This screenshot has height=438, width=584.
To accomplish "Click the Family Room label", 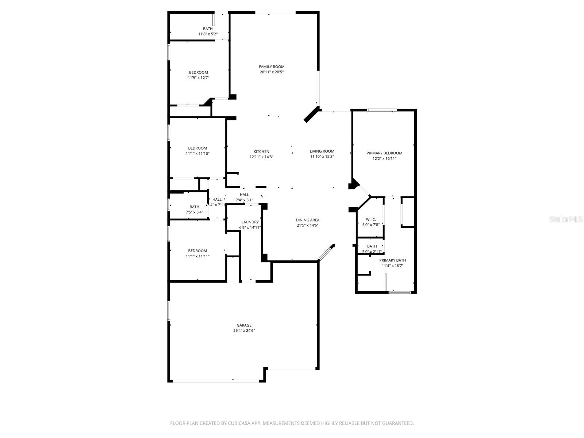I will tap(272, 67).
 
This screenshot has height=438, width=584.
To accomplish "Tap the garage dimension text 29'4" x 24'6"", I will tap(244, 331).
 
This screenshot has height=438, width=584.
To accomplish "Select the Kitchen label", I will tap(261, 151).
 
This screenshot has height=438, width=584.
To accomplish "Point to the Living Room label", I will tap(322, 151).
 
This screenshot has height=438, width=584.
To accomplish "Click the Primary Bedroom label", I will tap(384, 153).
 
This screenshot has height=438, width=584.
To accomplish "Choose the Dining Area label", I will tap(307, 220).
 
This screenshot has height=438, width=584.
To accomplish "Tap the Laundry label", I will tap(250, 222).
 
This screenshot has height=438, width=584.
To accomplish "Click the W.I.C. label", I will tap(371, 219).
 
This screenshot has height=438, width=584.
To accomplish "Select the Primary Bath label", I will tap(392, 260).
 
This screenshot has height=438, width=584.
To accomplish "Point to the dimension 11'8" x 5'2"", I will tap(208, 34).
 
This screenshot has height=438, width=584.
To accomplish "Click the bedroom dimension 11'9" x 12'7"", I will tap(199, 78).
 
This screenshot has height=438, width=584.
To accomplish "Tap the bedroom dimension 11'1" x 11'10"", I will tap(197, 154).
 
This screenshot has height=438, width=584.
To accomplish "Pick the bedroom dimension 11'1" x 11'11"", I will tap(197, 256).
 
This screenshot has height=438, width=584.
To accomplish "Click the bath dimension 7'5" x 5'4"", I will tap(194, 212).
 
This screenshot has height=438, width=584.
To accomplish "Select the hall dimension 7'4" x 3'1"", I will tap(244, 200).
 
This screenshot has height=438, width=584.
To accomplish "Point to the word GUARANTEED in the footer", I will tap(399, 423).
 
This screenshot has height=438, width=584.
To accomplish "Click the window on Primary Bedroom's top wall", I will tap(382, 110).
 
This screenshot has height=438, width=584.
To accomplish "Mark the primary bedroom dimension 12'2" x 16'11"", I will tap(384, 159).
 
